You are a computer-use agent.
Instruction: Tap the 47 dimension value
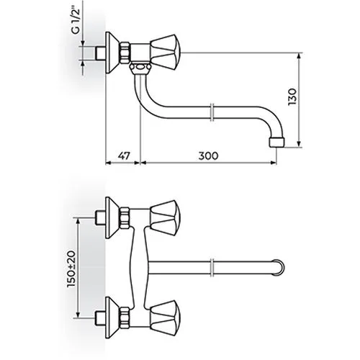[x=124, y=156]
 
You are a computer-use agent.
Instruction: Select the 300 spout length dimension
[x=208, y=156]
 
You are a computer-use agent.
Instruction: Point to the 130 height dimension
[x=292, y=96]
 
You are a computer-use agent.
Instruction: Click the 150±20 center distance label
[x=71, y=269]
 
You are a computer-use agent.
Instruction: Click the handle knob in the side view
[x=165, y=53]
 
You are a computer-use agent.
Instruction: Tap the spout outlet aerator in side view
[x=277, y=142]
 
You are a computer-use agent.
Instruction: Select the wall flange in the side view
[x=112, y=53]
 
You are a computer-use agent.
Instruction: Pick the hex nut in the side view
[x=125, y=53]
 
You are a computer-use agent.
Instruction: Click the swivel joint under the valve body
[x=140, y=68]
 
